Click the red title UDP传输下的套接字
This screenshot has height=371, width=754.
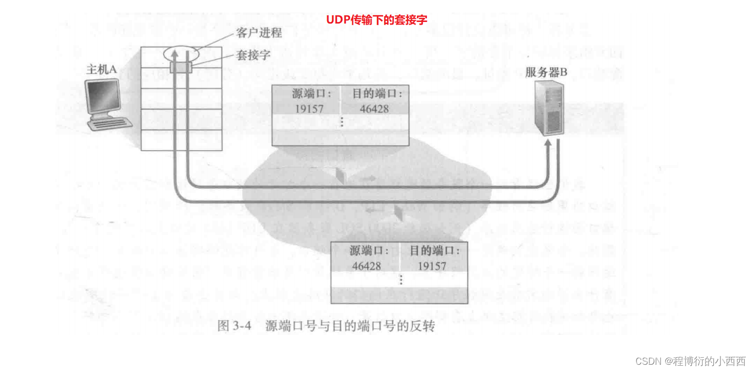tap(377, 20)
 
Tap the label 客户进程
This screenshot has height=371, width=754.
tap(259, 33)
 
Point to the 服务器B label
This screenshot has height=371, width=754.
tap(546, 73)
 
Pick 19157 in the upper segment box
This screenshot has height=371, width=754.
tap(308, 109)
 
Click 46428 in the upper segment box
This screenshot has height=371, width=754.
tap(374, 109)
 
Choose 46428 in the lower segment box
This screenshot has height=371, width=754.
tap(366, 265)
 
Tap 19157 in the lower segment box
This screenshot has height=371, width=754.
tap(432, 265)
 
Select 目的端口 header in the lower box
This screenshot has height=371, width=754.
tap(435, 251)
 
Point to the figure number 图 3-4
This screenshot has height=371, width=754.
tap(235, 326)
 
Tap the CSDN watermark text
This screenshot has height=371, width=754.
tap(690, 361)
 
